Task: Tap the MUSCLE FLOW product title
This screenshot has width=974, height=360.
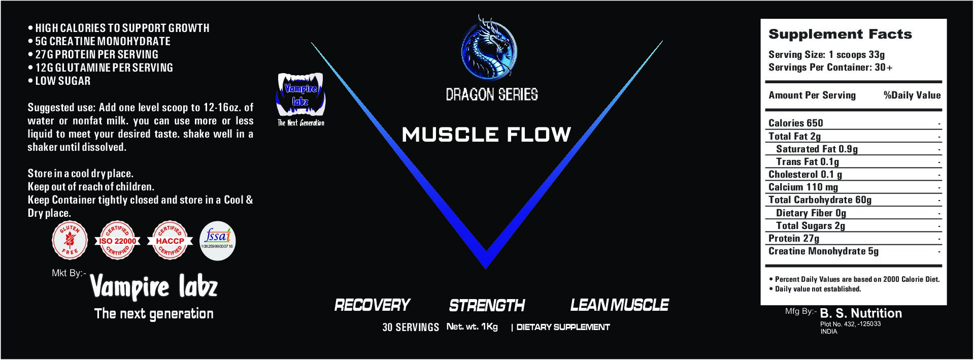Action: [486, 135]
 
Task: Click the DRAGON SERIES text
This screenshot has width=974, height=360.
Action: [491, 94]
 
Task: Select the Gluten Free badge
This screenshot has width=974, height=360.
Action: [70, 240]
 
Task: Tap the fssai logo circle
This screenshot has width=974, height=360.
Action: [218, 240]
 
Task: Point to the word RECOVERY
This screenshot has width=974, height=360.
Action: [372, 305]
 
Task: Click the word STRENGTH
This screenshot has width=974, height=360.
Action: [487, 305]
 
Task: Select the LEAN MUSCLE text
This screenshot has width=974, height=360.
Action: [619, 305]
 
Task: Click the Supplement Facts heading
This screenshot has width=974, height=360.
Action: [840, 35]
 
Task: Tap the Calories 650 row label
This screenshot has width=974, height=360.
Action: [795, 123]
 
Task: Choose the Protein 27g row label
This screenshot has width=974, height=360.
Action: [794, 238]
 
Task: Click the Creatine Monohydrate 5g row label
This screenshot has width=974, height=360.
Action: [823, 251]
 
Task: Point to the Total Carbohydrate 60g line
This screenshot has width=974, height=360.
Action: [820, 200]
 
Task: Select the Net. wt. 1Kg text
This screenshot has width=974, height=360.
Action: [472, 326]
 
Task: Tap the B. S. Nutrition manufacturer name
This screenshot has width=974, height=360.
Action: [861, 313]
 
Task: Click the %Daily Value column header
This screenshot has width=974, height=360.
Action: [912, 95]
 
